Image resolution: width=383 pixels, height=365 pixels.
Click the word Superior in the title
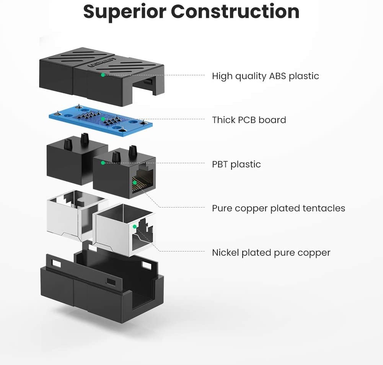click(124, 12)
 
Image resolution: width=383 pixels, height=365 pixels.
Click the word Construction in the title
click(235, 12)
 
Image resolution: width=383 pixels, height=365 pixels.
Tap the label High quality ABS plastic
click(265, 76)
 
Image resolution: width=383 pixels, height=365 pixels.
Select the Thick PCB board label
click(249, 120)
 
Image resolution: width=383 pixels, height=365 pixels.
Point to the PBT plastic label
click(236, 164)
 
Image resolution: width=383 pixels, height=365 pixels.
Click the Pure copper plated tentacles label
click(279, 208)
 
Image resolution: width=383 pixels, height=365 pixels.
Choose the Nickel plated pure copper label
click(271, 253)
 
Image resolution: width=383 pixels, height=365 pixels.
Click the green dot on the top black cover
click(103, 75)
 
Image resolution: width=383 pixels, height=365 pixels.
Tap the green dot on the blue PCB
click(103, 119)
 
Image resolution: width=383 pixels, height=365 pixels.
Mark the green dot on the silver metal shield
click(135, 227)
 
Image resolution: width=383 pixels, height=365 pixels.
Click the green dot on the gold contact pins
click(135, 183)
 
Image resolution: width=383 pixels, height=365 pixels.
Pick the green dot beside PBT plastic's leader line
click(103, 163)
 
